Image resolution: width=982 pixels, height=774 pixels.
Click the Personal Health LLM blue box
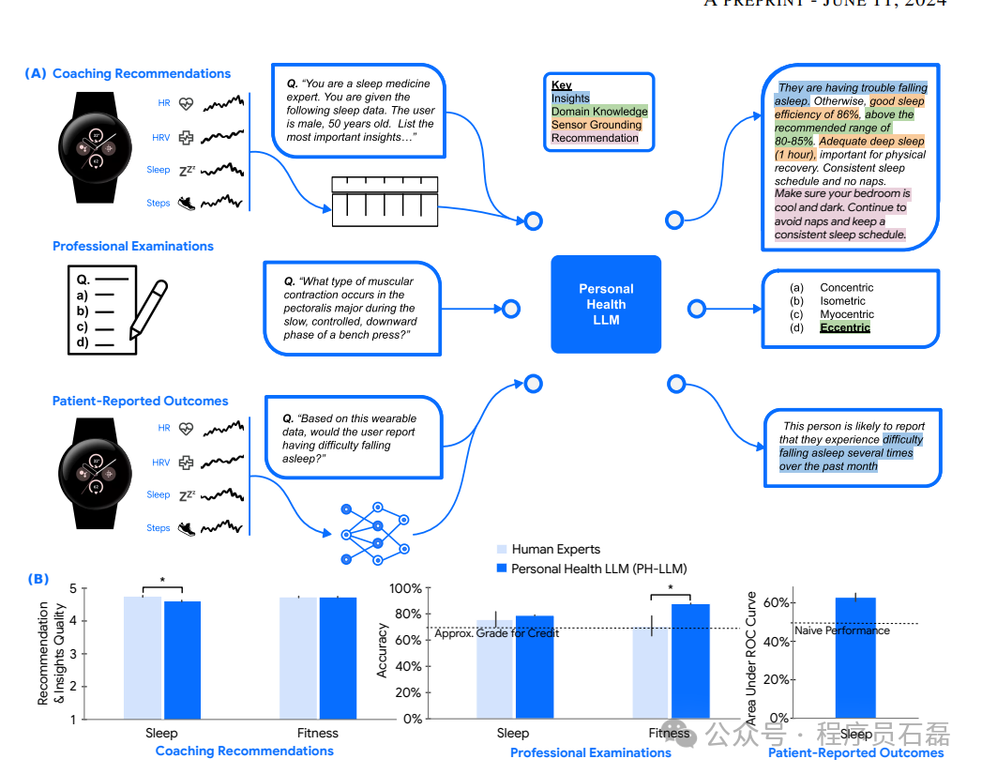coord(606,304)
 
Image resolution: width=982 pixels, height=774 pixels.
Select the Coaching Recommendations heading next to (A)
coord(142,73)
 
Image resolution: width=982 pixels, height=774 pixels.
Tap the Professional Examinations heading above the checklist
coord(133,246)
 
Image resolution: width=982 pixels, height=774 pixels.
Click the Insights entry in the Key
coord(570,99)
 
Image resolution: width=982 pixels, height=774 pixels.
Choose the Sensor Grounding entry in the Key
coord(597,125)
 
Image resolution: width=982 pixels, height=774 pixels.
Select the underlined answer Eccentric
coord(845,327)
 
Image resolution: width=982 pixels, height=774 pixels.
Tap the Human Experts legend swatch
coord(501,550)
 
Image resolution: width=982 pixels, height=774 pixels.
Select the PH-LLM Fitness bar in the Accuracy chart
coord(690,661)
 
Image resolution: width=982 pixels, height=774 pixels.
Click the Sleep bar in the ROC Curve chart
coord(855,658)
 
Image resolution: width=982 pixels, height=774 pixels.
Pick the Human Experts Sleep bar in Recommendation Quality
coord(143,658)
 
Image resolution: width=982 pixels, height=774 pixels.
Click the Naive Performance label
coord(842,630)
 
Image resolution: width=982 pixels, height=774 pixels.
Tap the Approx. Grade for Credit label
coord(496,633)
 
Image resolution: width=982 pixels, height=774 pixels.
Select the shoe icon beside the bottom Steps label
coord(186,528)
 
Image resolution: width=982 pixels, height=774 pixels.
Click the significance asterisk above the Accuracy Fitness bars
coord(671,589)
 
